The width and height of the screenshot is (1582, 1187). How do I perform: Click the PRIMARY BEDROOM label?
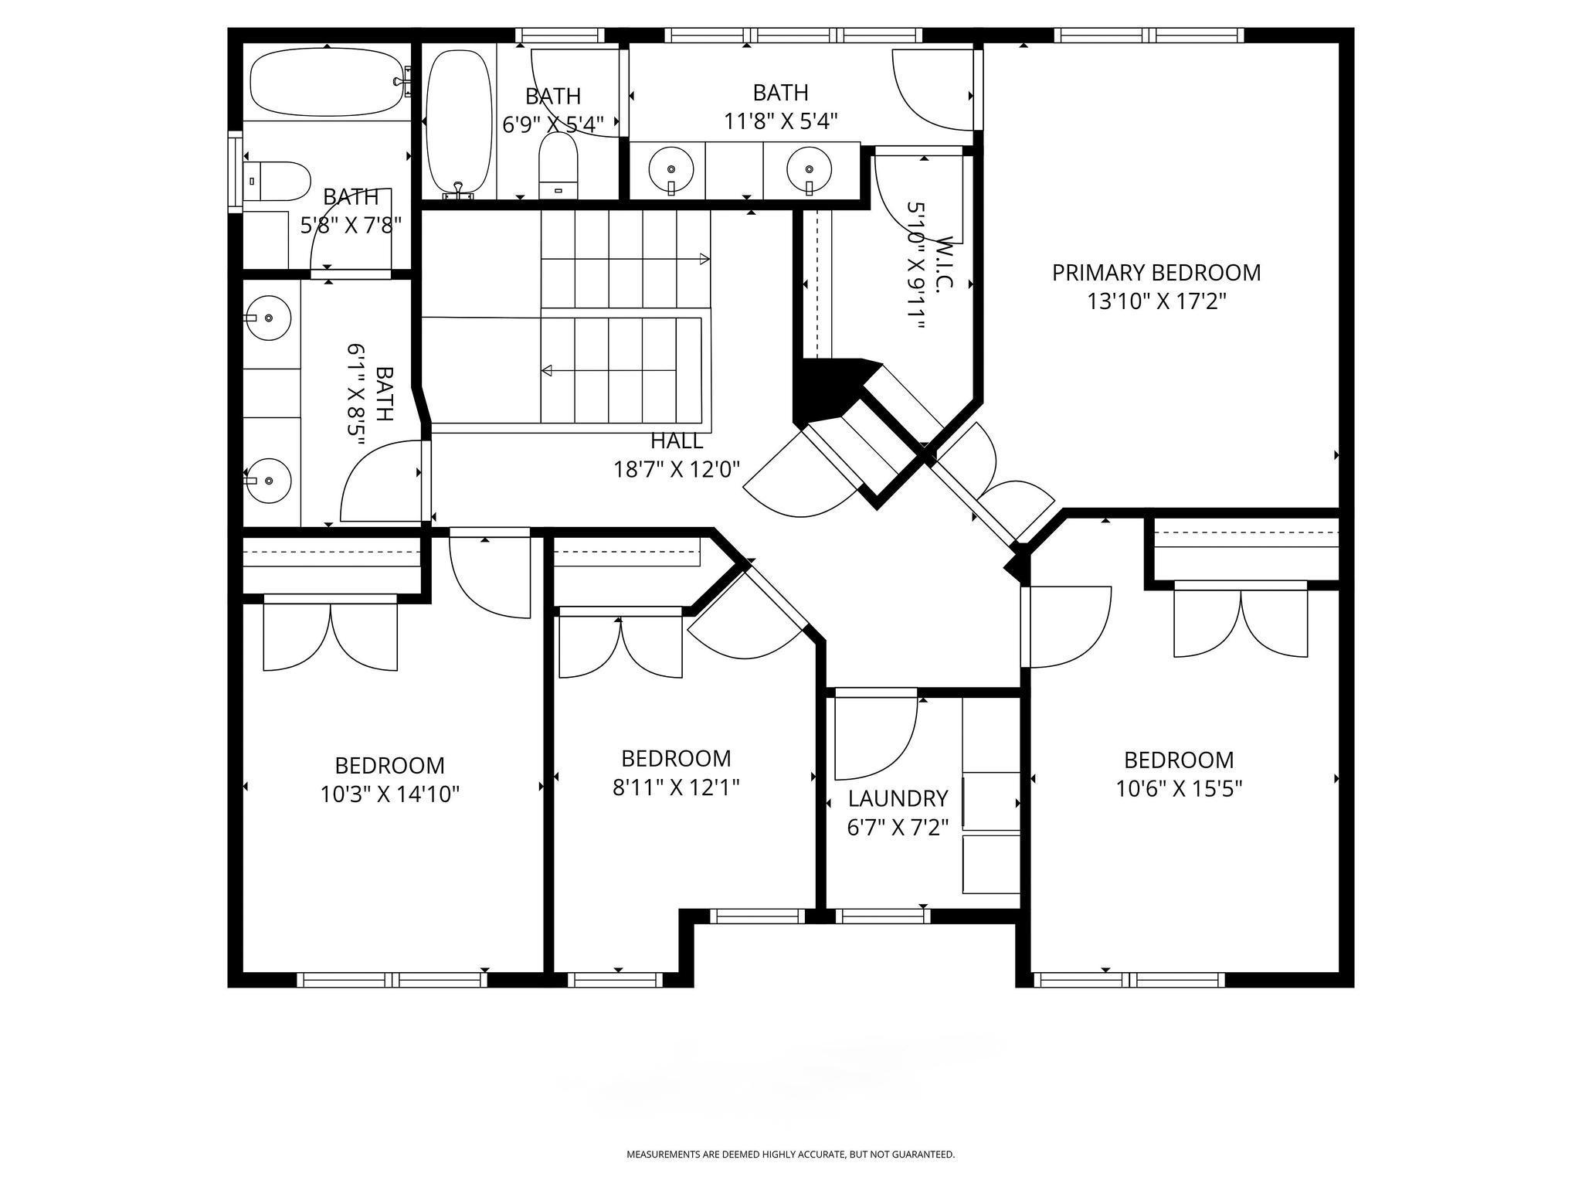point(1156,273)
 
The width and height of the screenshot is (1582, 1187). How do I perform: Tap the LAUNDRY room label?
point(898,798)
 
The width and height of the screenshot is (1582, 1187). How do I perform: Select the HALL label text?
point(677,441)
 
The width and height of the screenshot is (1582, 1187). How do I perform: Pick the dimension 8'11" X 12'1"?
point(676,787)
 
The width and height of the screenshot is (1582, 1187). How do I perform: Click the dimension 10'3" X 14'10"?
point(390,794)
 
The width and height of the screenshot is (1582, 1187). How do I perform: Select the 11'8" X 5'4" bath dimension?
point(781,121)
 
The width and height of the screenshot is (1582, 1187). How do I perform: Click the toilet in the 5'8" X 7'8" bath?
point(277,180)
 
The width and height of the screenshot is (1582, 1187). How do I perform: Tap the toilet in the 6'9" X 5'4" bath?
point(558,166)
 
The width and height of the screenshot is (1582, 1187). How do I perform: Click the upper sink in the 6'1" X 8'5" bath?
point(267,318)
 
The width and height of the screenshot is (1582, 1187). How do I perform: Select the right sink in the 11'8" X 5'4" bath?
point(810,169)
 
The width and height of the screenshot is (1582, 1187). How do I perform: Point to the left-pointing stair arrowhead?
point(547,371)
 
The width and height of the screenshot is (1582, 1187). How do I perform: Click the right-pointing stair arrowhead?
point(704,259)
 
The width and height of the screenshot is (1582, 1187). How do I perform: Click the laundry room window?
point(884,916)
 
